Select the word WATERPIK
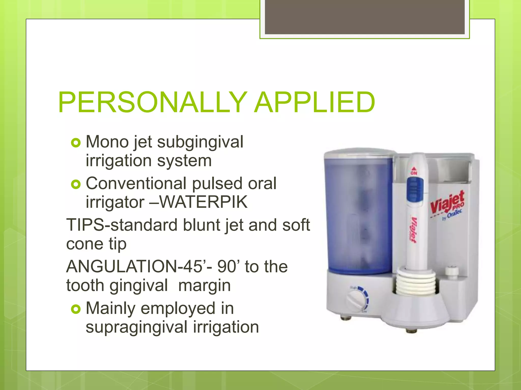click(203, 202)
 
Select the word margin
click(205, 285)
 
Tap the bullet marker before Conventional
click(76, 184)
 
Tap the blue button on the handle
click(415, 189)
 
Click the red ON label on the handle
click(414, 172)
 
